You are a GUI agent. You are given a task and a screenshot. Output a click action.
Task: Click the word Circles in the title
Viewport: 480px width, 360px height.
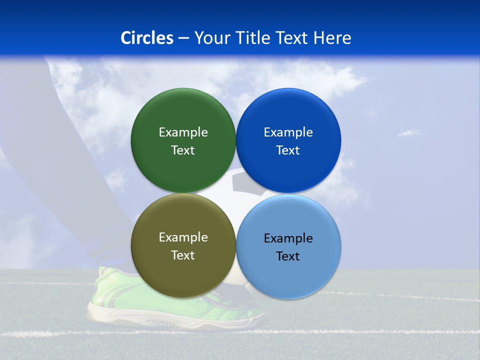(x=147, y=38)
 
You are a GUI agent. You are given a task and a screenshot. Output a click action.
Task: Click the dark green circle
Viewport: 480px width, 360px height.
(x=183, y=115)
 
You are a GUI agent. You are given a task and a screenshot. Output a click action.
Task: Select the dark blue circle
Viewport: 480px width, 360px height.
(x=288, y=115)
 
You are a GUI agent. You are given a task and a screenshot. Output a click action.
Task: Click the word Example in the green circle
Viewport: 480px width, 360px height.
(x=183, y=132)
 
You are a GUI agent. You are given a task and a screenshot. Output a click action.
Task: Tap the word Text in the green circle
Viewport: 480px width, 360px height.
(x=183, y=150)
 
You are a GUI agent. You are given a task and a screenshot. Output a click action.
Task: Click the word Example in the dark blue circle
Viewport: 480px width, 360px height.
(x=288, y=132)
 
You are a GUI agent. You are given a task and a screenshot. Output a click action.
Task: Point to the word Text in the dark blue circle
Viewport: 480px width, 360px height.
(x=288, y=150)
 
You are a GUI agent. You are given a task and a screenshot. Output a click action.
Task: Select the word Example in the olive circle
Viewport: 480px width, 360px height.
(x=183, y=237)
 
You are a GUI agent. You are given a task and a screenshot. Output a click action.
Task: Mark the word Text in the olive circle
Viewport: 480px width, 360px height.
(x=183, y=255)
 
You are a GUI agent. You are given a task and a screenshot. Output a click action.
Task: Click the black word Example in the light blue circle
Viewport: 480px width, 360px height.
(x=288, y=238)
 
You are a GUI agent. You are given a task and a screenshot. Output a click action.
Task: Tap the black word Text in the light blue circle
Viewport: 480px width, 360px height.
(x=288, y=256)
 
